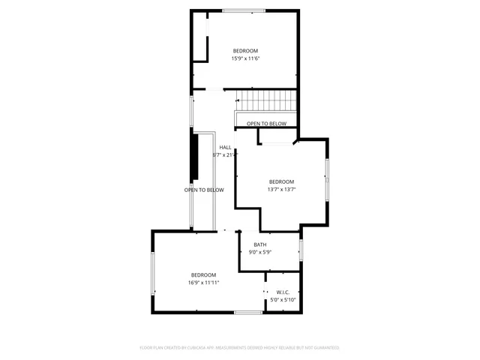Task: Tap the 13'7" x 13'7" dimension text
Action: pos(281,189)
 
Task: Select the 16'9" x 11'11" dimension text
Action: pos(203,283)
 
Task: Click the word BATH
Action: pos(259,244)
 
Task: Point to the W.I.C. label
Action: pos(283,292)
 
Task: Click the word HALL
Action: pos(225,147)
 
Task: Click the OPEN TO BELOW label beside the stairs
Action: pos(266,124)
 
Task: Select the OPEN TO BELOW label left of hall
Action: pos(204,190)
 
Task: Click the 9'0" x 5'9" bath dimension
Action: pos(259,252)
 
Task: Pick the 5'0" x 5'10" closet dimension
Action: pos(283,300)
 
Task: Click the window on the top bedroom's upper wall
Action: pos(243,10)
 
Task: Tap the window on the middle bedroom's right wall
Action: pos(326,179)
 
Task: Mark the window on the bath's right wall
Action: pos(300,250)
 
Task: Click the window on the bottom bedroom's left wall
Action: pos(153,274)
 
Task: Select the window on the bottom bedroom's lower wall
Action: pos(248,312)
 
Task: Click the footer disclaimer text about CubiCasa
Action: pos(240,348)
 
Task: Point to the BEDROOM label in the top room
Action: pos(244,51)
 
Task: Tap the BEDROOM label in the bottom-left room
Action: pos(203,274)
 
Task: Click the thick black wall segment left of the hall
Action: pos(193,157)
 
